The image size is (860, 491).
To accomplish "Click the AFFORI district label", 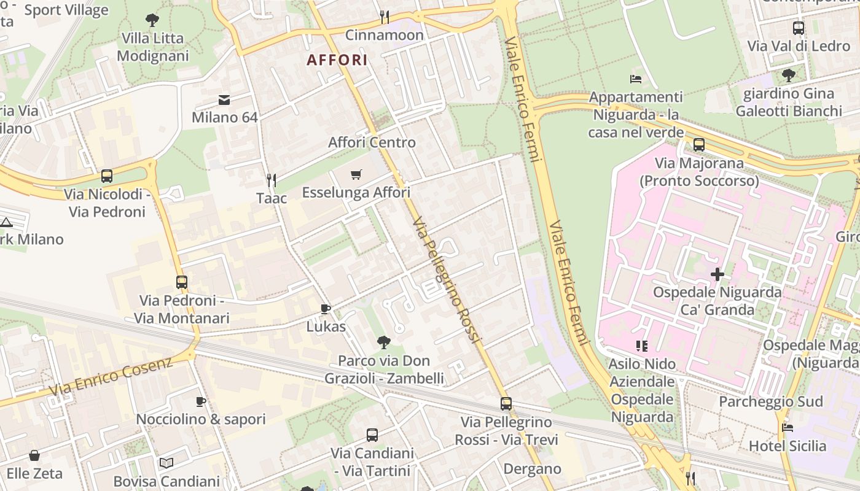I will point(337,60).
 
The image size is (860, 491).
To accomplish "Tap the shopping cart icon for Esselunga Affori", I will point(356,175).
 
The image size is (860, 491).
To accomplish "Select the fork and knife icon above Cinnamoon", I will point(385,16).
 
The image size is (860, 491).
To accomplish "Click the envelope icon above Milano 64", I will point(224,99).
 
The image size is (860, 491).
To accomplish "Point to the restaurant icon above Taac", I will point(272,180).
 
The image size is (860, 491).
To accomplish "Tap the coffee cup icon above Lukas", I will point(326,309).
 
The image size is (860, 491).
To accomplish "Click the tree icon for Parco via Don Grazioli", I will point(384,342).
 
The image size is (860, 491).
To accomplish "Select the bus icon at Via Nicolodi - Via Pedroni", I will point(107,176).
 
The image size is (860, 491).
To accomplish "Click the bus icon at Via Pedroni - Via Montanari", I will point(182,282).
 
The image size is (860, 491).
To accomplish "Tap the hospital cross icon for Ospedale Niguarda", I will point(717,274).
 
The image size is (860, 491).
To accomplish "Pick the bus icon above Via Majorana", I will point(699,145).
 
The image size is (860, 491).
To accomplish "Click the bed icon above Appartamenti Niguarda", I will point(636,79).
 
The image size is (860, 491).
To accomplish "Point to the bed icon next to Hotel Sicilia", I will point(788,427).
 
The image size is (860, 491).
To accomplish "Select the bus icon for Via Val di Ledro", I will point(799,28).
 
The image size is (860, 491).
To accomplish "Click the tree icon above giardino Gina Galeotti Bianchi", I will point(789,75).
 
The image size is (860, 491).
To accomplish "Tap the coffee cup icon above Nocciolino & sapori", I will point(200,401).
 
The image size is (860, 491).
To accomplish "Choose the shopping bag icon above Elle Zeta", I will point(34,455).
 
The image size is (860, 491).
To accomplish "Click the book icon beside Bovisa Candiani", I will point(166,463).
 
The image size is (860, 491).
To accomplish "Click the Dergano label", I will point(532,469).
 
